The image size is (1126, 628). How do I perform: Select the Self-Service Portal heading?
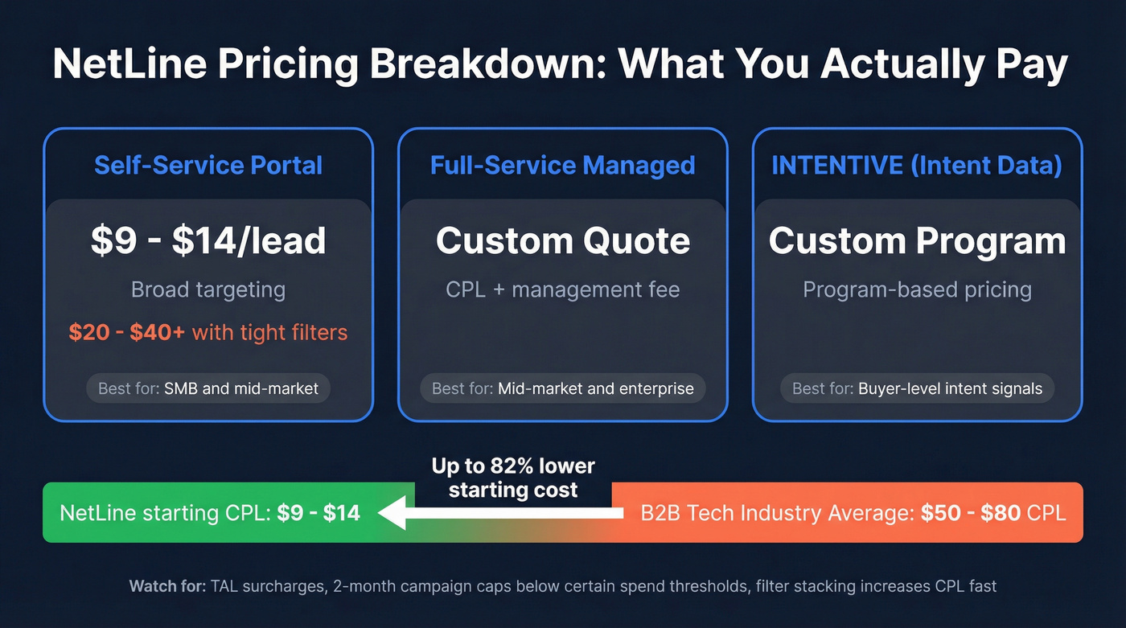pos(208,166)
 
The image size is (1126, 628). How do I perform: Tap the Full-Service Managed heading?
pos(562,166)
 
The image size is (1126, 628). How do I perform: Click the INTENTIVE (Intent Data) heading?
pos(917,166)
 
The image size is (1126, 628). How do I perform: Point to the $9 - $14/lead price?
pos(208,241)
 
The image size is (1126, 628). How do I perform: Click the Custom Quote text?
pos(562,241)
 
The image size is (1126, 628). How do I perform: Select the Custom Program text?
pos(917,241)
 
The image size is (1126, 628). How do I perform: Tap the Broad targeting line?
pos(208,289)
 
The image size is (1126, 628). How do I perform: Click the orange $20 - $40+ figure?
pos(126,332)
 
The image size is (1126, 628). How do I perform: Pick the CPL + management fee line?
pos(562,289)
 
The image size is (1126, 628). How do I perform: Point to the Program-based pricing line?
pos(917,289)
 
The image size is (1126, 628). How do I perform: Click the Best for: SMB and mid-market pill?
pos(208,389)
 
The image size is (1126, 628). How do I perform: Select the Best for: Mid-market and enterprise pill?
pos(562,389)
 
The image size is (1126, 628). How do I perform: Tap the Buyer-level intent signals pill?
pos(917,389)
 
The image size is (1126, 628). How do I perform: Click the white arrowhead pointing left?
pos(393,513)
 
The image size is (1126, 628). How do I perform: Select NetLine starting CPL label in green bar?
pos(165,513)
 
